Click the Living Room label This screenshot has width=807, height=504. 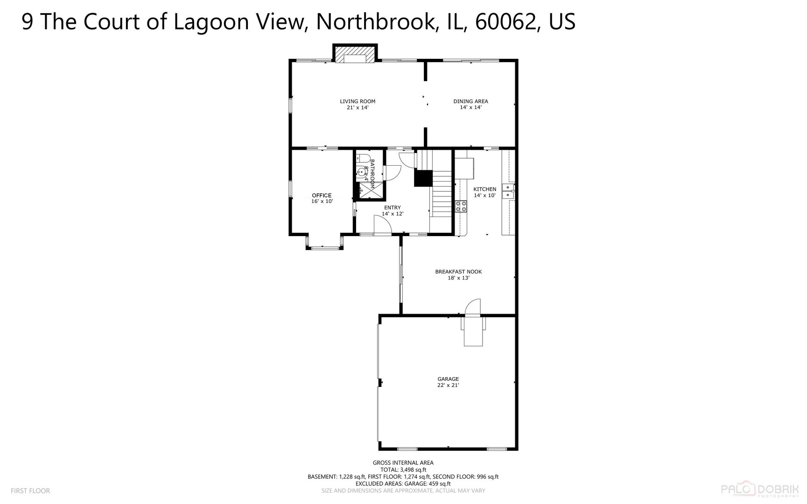358,104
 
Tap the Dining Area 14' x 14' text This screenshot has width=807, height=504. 470,104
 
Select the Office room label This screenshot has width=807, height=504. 322,198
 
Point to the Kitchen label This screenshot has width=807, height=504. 484,192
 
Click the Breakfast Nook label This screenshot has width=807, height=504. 458,274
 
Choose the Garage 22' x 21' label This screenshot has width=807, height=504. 448,382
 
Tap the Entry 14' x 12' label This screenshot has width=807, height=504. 392,210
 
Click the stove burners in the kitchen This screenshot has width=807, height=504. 461,206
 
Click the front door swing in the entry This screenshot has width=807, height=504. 383,225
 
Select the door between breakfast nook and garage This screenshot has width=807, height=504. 473,308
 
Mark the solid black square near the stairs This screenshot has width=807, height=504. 423,179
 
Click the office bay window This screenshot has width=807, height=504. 325,246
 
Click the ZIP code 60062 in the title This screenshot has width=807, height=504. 504,21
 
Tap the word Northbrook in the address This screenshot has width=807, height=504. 373,21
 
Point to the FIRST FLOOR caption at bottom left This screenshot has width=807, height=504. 30,490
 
